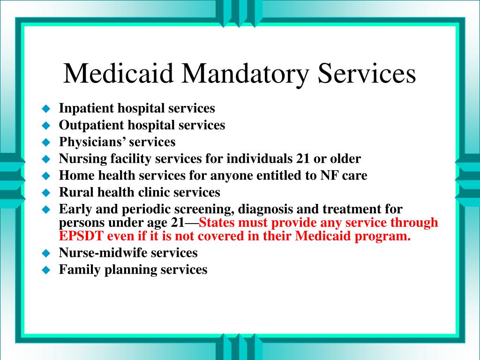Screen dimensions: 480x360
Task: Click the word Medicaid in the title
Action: (x=118, y=74)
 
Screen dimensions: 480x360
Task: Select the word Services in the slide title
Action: (x=367, y=74)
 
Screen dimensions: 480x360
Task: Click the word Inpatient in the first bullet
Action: (x=86, y=108)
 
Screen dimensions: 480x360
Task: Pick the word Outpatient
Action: (x=91, y=125)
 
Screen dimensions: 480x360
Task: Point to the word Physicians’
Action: (x=92, y=142)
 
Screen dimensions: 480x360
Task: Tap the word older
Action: (x=345, y=158)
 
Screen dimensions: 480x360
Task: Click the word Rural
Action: (x=76, y=192)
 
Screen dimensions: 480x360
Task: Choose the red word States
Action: (x=217, y=223)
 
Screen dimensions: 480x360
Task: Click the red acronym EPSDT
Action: (x=81, y=236)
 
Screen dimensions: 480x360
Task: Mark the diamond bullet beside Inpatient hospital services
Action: (x=46, y=109)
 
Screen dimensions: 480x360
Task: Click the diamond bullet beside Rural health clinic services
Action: (x=46, y=193)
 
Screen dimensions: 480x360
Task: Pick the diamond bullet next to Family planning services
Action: (x=46, y=270)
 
